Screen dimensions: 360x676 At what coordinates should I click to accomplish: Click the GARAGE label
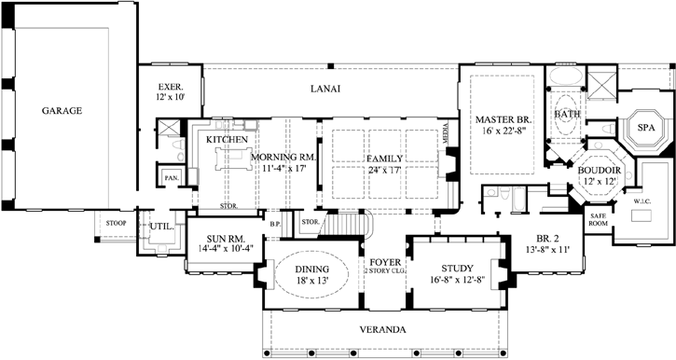[62, 110]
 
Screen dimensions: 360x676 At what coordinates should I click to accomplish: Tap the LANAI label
[325, 89]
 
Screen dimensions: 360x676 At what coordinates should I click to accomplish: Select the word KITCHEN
[227, 139]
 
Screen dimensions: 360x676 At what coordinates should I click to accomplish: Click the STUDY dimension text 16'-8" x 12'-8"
[457, 279]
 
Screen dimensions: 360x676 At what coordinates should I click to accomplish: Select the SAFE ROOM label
[597, 220]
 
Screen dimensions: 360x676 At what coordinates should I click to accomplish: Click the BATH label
[566, 114]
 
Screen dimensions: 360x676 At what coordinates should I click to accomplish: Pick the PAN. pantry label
[172, 177]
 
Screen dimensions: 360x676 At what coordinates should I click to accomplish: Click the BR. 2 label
[543, 238]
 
